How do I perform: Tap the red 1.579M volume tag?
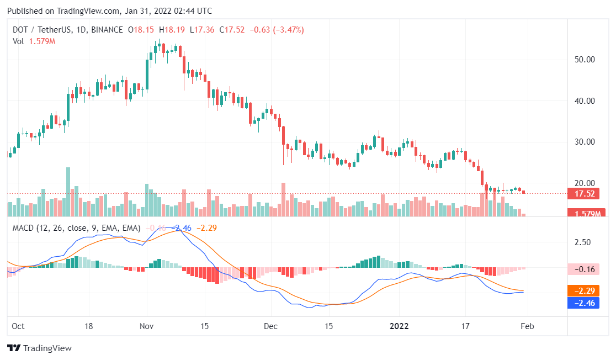[x=587, y=213]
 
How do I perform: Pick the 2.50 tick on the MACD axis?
[x=583, y=242]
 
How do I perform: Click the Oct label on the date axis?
[x=19, y=326]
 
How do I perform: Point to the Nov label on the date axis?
[x=147, y=326]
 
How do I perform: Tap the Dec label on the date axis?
[x=271, y=326]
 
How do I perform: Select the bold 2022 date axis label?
[x=399, y=326]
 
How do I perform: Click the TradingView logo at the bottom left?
[x=39, y=348]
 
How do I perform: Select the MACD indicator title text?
[x=76, y=227]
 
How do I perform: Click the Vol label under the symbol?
[x=18, y=41]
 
